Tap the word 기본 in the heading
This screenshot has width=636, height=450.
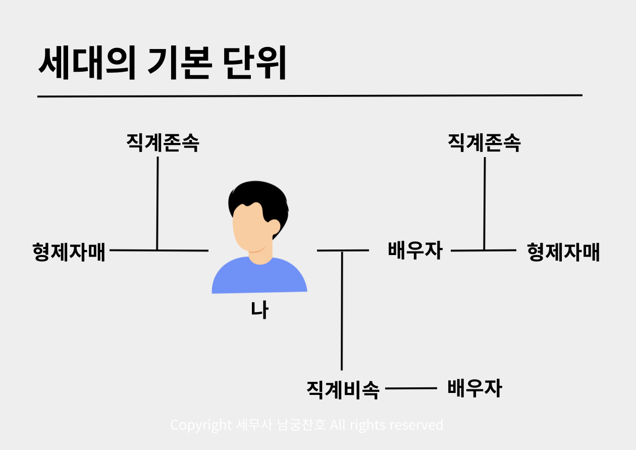click(x=179, y=64)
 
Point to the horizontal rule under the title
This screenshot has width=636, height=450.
click(x=309, y=95)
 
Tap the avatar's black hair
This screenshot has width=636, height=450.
click(x=257, y=199)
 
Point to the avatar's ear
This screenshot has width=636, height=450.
click(x=274, y=226)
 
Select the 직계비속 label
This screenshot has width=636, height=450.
click(x=343, y=389)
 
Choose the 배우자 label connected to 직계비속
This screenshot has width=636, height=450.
click(x=474, y=388)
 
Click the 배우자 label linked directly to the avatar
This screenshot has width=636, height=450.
click(x=415, y=251)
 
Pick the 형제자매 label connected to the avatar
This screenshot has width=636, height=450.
click(x=69, y=251)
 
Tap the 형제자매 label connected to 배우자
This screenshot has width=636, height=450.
click(x=563, y=252)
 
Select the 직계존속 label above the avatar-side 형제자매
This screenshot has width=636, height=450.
click(x=163, y=143)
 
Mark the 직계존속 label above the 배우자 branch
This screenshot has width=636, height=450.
click(x=484, y=143)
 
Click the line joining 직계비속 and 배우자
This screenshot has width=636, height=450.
click(x=411, y=388)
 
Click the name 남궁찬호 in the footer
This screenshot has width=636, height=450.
click(x=301, y=425)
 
